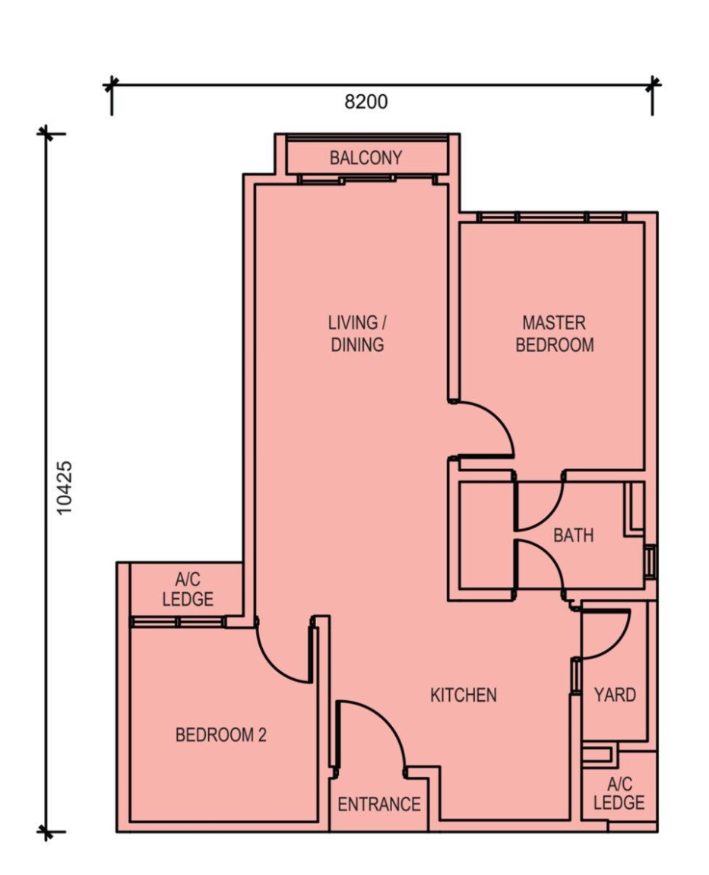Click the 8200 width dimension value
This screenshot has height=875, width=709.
pos(366,102)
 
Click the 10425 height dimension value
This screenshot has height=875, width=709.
pos(64,487)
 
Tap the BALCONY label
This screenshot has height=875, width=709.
pos(366,158)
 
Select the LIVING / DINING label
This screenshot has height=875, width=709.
pos(357,334)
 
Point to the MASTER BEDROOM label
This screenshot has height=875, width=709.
pos(554,334)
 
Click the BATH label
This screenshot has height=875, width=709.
pos(573,535)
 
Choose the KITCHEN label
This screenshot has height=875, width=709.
pos(463,695)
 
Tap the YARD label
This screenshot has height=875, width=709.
pos(615,695)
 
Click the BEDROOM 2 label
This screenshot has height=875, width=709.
pos(220,735)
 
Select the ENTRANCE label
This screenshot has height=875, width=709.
pos(378,804)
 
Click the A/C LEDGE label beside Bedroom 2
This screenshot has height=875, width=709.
pos(188,590)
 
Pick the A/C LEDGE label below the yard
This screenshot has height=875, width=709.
pos(619,793)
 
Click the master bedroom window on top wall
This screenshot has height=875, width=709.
pos(552,217)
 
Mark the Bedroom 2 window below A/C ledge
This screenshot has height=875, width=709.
pos(178,622)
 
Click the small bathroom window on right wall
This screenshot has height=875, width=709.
pos(650,562)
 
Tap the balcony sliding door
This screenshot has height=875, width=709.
pos(367,180)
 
